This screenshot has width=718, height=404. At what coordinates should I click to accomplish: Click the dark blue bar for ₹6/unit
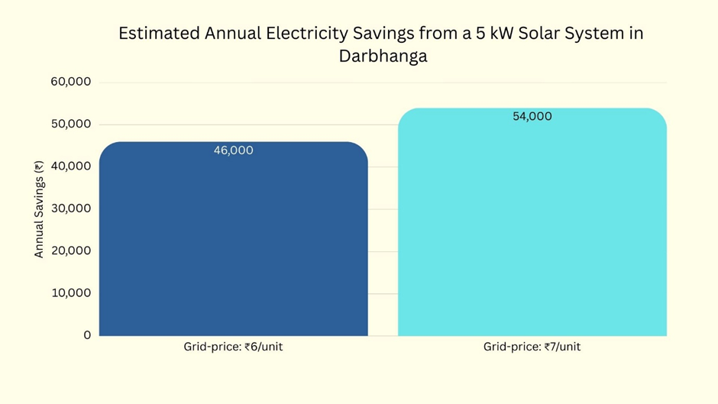tap(233, 244)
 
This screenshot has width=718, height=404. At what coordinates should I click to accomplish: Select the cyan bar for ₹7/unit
tap(532, 229)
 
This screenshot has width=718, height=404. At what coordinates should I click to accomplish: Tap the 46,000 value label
tap(233, 150)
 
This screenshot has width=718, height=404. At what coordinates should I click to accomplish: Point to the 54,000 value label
tap(532, 116)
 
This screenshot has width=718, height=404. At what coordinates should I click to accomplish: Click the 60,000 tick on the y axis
tap(70, 82)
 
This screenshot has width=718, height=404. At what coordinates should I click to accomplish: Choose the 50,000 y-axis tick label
tap(70, 124)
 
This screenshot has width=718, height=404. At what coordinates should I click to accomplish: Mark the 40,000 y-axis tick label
tap(70, 166)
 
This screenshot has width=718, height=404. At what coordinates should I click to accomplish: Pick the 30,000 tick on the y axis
tap(70, 208)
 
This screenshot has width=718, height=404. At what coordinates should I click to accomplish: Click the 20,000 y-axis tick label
tap(70, 250)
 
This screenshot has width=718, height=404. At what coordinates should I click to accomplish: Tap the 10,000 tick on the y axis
tap(70, 293)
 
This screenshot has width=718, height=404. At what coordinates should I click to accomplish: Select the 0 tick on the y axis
tap(87, 335)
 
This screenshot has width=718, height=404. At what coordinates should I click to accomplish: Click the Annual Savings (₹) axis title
tap(39, 208)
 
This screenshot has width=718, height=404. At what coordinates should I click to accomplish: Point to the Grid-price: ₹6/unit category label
tap(233, 347)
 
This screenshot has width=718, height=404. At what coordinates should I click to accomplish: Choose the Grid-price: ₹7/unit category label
tap(532, 347)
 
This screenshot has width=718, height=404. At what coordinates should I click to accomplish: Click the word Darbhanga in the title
tap(383, 57)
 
